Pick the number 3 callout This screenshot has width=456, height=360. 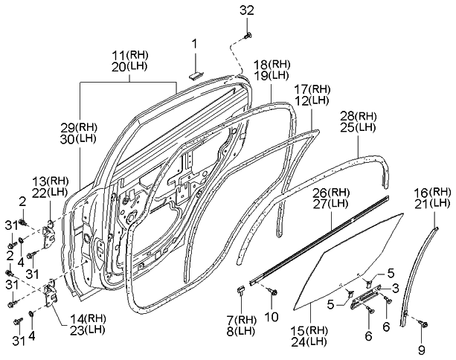(x=396, y=286)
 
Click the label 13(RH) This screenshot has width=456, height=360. (x=50, y=181)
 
